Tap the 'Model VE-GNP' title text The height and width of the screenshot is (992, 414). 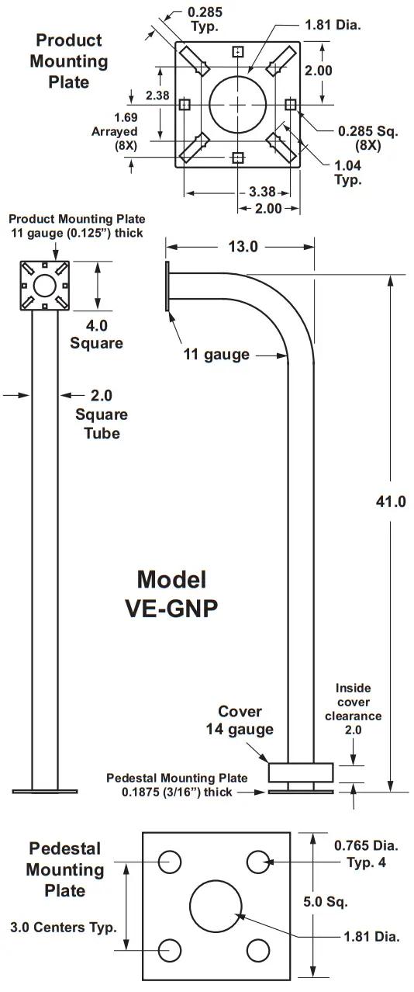pyautogui.click(x=171, y=593)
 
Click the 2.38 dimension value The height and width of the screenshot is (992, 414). pyautogui.click(x=158, y=95)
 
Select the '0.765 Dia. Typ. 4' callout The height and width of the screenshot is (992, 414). pyautogui.click(x=365, y=853)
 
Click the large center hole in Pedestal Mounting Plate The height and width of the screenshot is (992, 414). pyautogui.click(x=216, y=906)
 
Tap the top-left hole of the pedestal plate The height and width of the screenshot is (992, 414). pyautogui.click(x=169, y=862)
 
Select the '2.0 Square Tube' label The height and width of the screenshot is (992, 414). pyautogui.click(x=102, y=414)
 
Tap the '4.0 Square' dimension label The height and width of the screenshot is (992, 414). pyautogui.click(x=97, y=332)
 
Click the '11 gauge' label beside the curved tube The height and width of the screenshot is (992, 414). pyautogui.click(x=216, y=355)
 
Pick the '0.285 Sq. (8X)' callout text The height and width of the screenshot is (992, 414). pyautogui.click(x=367, y=137)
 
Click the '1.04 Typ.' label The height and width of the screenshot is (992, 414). pyautogui.click(x=348, y=172)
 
